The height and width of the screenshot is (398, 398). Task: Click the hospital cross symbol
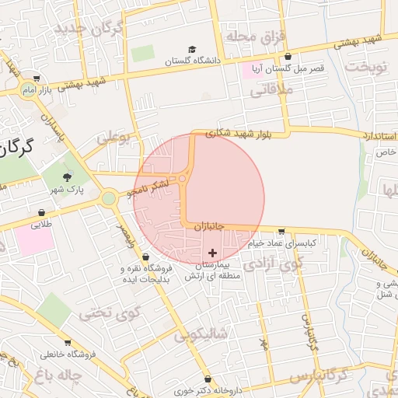[213, 253]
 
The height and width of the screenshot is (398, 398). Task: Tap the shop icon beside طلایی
[40, 212]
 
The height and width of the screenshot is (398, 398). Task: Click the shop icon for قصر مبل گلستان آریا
[289, 57]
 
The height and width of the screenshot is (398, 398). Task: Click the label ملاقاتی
[268, 90]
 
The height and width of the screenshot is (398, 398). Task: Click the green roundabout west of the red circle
[109, 198]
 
